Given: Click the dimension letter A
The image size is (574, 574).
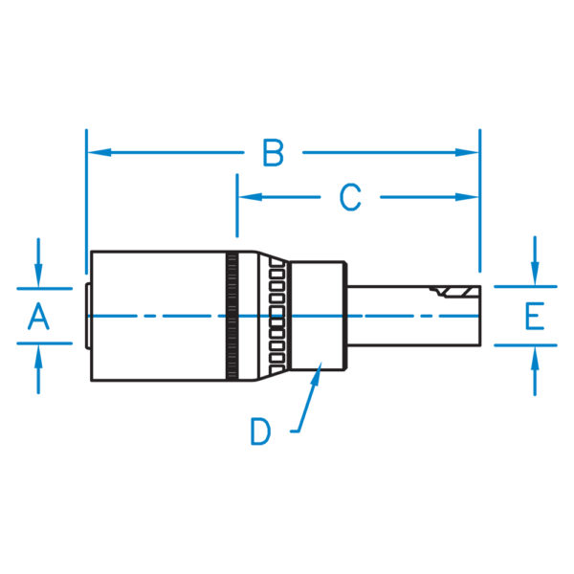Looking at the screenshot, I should point(37,316).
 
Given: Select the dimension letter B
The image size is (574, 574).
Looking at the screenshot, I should point(274,152).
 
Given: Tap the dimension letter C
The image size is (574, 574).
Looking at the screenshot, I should point(350,197).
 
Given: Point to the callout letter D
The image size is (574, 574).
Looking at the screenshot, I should point(261,430).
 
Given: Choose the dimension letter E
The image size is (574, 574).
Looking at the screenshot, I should point(534,316).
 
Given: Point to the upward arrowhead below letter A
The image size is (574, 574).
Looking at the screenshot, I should point(37,355).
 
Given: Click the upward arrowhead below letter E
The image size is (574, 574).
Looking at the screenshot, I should point(534,355).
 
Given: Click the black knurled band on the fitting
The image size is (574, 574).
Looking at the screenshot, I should point(231,316).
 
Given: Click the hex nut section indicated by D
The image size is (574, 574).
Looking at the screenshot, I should point(318,316).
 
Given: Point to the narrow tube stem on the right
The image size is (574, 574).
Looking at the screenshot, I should point(402,316).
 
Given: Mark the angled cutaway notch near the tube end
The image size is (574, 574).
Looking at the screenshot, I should point(450,291).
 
